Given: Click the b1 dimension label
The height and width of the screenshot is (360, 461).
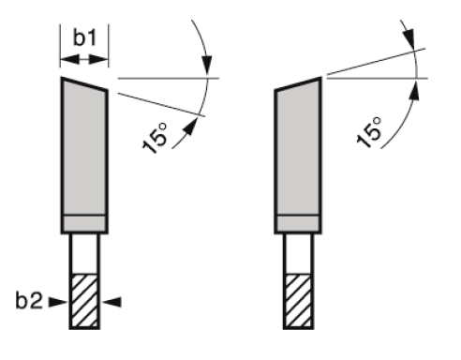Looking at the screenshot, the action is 85,37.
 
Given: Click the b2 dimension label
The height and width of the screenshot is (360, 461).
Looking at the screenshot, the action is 29,301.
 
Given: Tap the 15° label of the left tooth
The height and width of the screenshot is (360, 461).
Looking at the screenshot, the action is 156,139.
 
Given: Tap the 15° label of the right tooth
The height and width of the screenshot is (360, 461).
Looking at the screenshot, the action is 369,132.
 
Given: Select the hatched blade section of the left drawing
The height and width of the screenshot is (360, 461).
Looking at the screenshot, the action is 84,301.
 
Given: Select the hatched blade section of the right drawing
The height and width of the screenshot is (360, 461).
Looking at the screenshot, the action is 298,301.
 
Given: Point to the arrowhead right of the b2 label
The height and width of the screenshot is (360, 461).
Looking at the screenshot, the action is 58,302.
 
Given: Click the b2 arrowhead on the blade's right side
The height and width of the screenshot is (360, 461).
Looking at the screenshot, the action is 112,302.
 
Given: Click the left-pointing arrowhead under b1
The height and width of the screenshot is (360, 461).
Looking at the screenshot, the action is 70,59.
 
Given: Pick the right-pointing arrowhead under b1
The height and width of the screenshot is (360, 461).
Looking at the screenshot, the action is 98,59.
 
